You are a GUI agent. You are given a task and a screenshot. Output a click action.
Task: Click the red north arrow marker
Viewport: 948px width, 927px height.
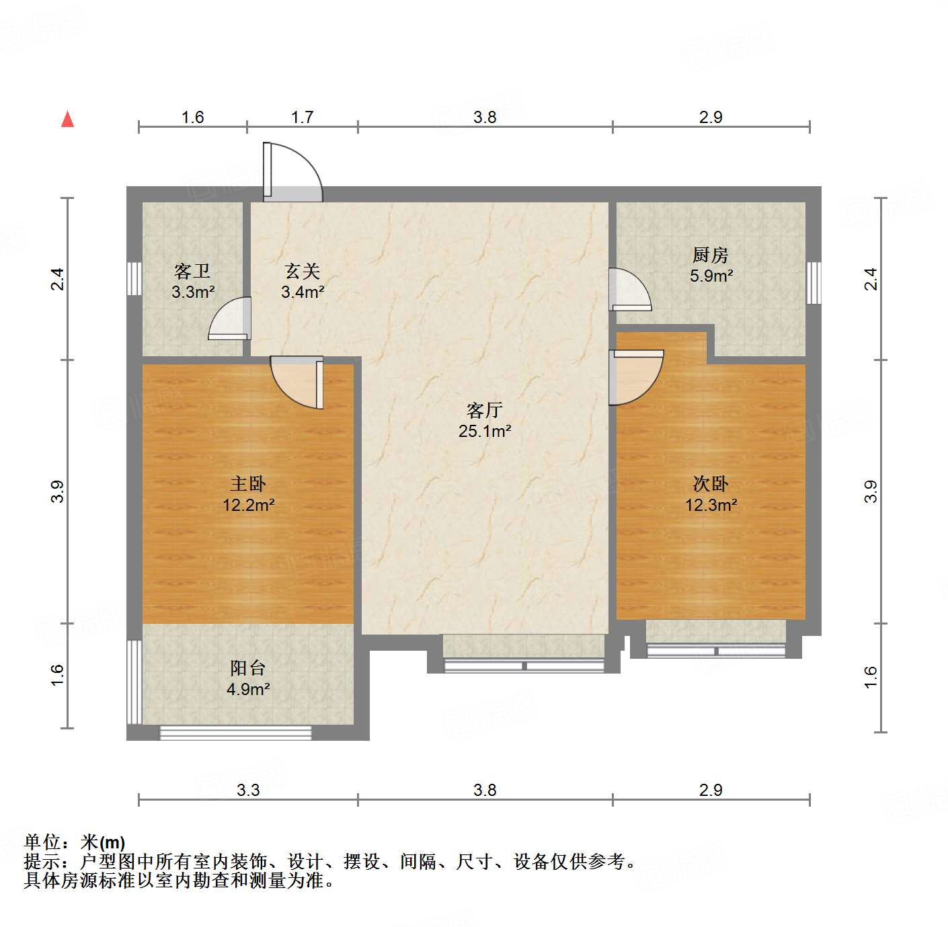[x=67, y=119]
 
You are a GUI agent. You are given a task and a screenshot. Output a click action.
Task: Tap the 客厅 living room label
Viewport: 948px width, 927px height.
[x=484, y=410]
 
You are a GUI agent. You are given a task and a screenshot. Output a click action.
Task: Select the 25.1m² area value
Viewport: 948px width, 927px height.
[x=484, y=431]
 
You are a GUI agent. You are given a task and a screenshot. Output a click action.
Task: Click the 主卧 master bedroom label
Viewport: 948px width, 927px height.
[x=248, y=483]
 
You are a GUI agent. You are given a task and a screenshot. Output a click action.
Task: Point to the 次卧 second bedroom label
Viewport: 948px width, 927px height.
[x=711, y=483]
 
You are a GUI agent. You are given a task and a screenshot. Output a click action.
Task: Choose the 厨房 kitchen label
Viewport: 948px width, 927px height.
[x=711, y=255]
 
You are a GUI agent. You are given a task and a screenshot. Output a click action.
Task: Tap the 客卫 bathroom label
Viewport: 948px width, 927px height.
[x=192, y=271]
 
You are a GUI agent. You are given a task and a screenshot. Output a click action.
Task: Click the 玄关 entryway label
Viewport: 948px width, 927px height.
[x=303, y=271]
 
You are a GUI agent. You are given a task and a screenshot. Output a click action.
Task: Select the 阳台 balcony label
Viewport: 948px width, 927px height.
[x=248, y=668]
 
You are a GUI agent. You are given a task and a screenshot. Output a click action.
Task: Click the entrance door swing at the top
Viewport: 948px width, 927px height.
[x=296, y=171]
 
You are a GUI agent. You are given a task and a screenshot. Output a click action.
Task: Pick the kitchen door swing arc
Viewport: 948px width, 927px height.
[x=631, y=289]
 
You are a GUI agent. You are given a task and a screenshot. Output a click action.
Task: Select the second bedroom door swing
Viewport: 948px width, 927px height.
[x=635, y=378]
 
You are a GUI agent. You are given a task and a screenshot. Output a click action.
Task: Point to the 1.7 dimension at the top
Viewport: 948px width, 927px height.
[x=303, y=117]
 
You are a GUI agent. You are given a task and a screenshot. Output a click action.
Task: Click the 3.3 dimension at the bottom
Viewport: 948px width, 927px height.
[x=248, y=790]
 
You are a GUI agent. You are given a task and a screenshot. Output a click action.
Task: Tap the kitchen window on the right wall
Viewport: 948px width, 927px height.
[x=814, y=282]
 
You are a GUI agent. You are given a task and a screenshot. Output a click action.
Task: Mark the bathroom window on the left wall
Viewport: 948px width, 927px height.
[x=134, y=278]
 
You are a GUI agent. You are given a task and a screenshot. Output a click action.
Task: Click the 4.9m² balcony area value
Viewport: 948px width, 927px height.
[x=248, y=689]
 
